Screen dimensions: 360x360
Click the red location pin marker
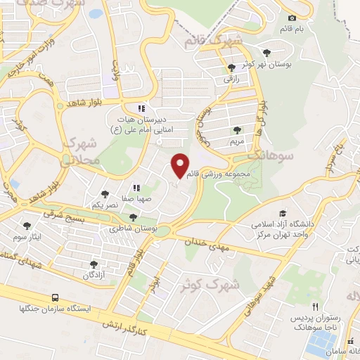pos(180,164)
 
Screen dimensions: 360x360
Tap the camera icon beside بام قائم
pos(292,17)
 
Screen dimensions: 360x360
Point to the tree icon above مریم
pos(237,130)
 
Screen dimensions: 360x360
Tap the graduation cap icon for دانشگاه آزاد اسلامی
pos(283,214)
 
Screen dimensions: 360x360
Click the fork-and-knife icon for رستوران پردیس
pos(316,307)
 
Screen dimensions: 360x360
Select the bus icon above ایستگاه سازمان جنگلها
pos(55,298)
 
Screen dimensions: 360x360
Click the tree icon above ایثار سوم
pos(27,226)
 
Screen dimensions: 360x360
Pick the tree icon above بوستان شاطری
pos(133,217)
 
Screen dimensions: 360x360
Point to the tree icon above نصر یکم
pos(105,193)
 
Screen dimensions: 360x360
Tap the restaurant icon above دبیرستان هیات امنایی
pos(141,109)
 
